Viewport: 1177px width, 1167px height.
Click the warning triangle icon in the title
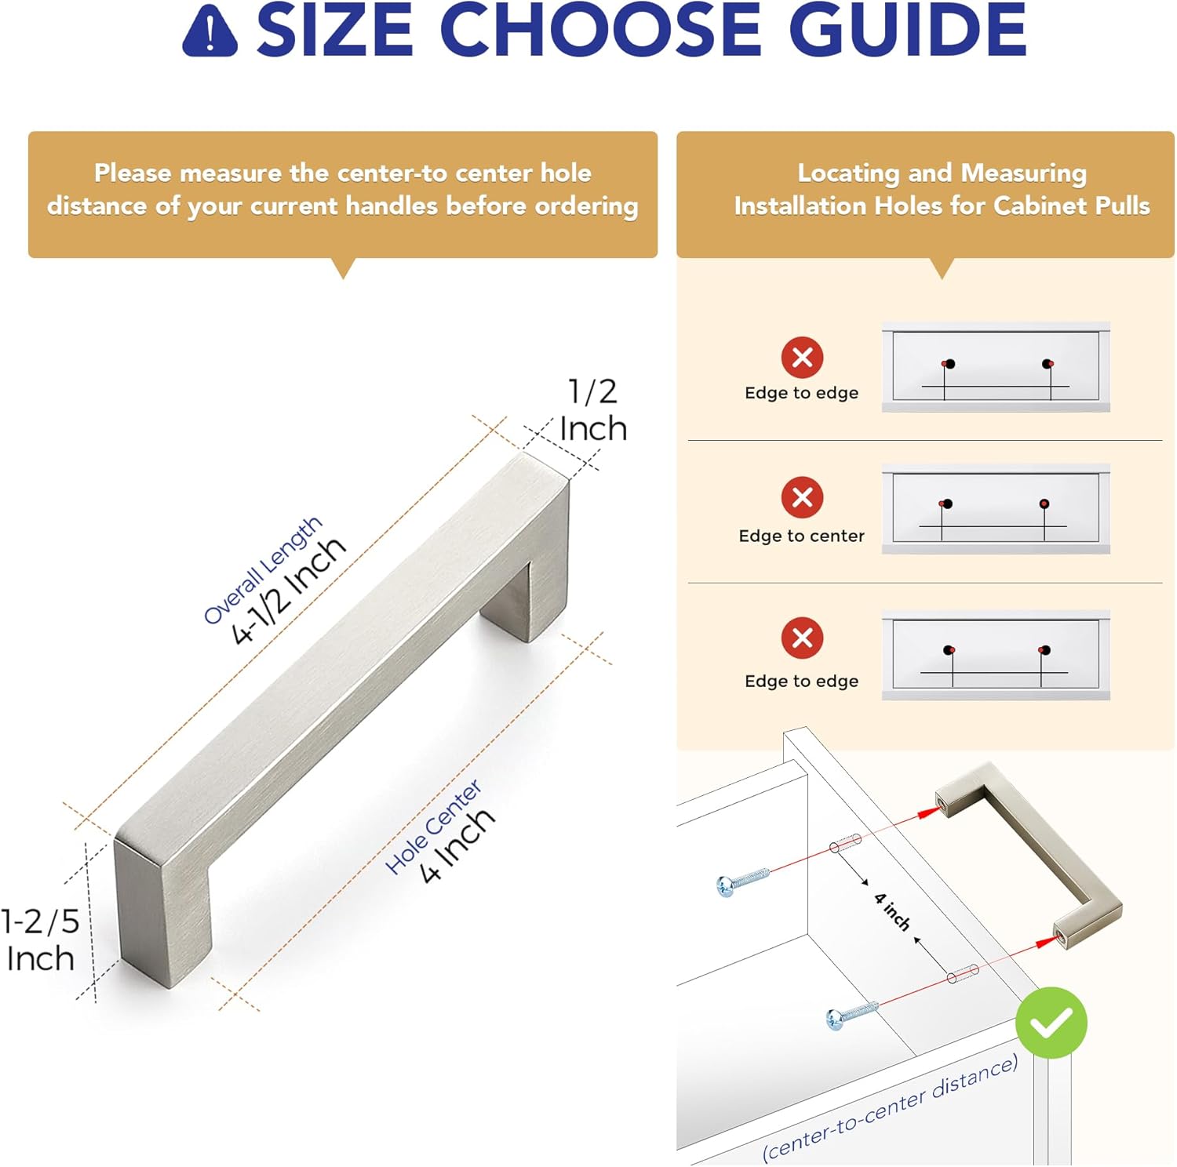(x=210, y=31)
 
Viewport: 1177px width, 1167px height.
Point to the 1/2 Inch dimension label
(x=593, y=410)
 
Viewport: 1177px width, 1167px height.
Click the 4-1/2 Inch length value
(x=288, y=591)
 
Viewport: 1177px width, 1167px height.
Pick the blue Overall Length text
(x=262, y=569)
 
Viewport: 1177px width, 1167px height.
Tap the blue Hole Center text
(x=433, y=827)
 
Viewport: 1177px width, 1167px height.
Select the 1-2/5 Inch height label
(x=41, y=940)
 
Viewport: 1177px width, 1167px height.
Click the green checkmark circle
(x=1051, y=1023)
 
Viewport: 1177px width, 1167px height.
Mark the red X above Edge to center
(x=802, y=497)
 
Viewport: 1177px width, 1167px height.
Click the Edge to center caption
(x=801, y=536)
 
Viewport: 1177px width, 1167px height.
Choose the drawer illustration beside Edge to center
(x=996, y=508)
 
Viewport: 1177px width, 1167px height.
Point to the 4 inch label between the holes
(x=893, y=911)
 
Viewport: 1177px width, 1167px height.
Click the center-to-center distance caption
(x=890, y=1107)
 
